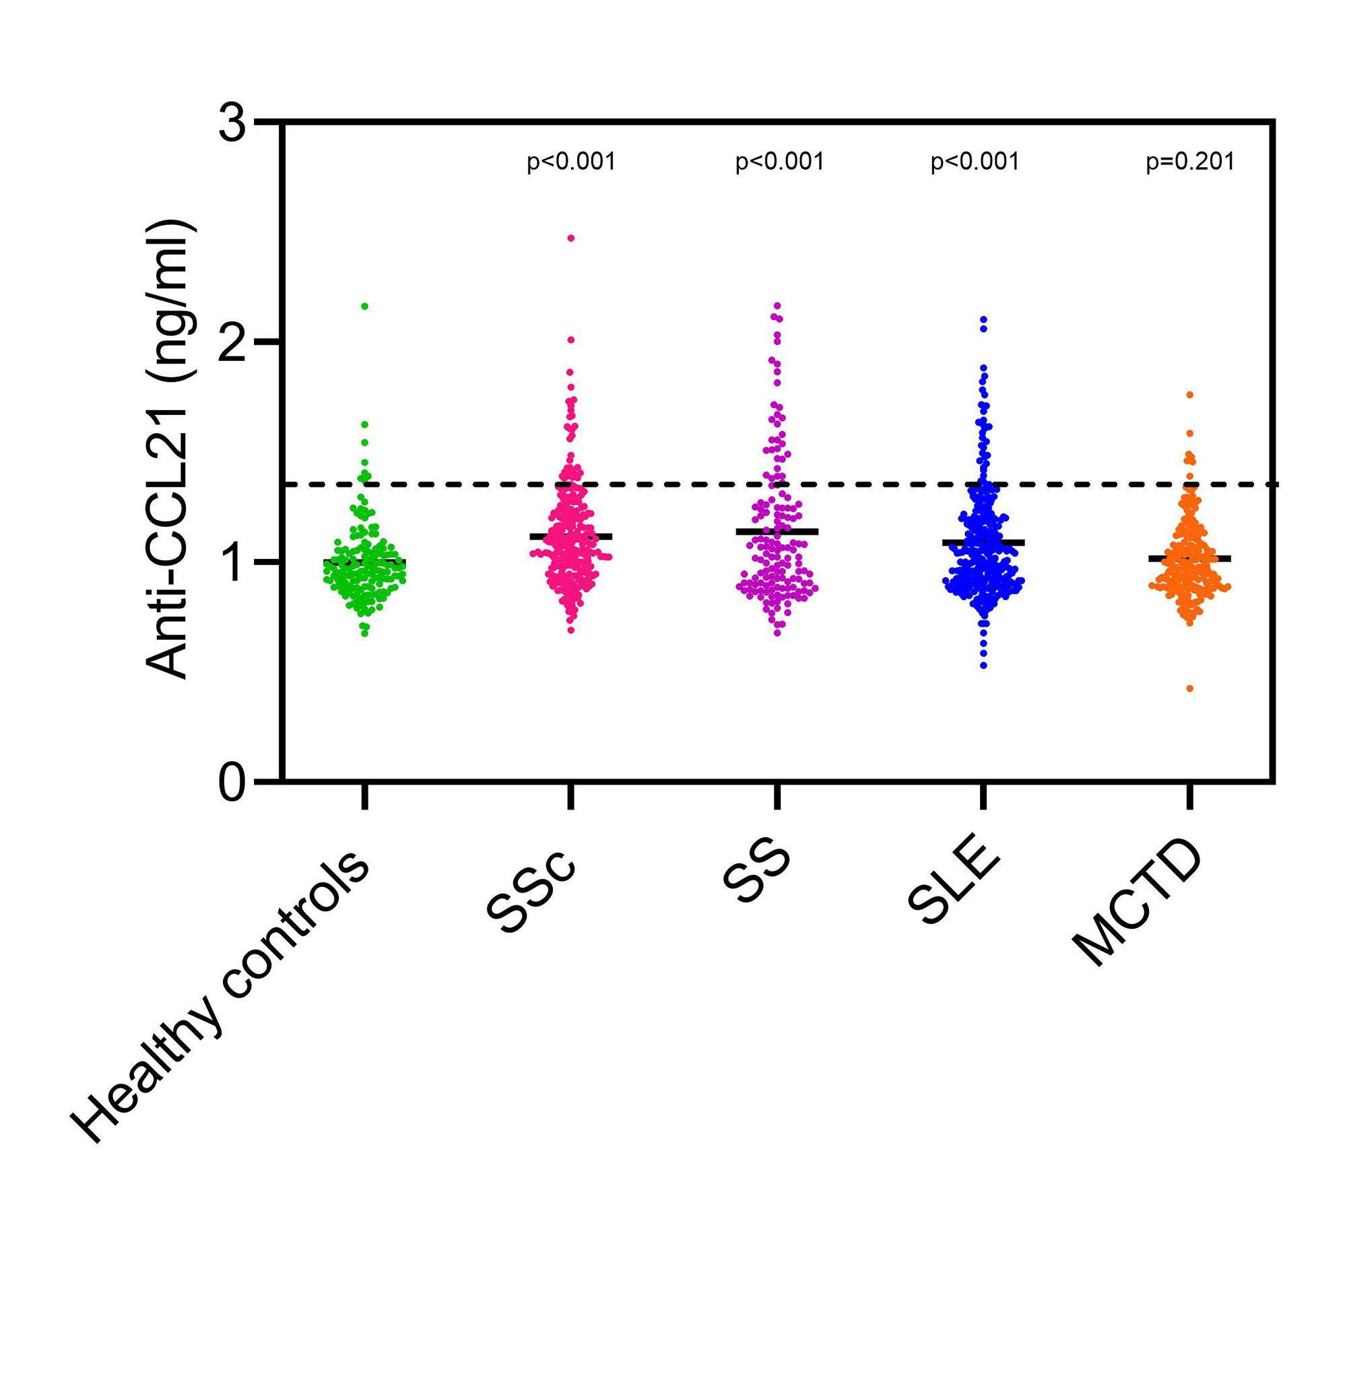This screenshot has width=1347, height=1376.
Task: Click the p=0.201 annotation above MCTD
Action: tap(1190, 162)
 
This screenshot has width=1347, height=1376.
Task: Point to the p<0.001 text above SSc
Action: tap(571, 162)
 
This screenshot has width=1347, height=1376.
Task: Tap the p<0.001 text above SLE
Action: tap(975, 162)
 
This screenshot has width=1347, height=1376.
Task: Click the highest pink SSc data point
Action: tap(571, 238)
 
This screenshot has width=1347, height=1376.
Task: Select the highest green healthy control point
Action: tap(365, 306)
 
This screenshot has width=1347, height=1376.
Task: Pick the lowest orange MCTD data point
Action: tap(1190, 688)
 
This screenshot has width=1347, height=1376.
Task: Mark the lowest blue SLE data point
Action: tap(983, 665)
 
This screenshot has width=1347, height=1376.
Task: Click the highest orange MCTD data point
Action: tap(1190, 395)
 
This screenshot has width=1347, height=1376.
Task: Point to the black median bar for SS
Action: tap(777, 531)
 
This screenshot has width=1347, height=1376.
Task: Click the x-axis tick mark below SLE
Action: tap(983, 797)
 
